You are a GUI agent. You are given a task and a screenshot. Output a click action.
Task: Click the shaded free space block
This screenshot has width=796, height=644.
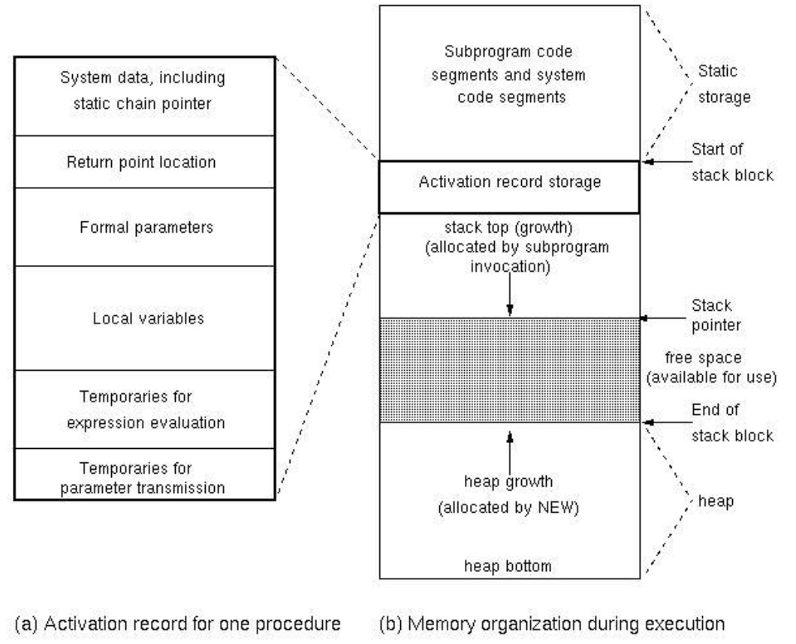[510, 370]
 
